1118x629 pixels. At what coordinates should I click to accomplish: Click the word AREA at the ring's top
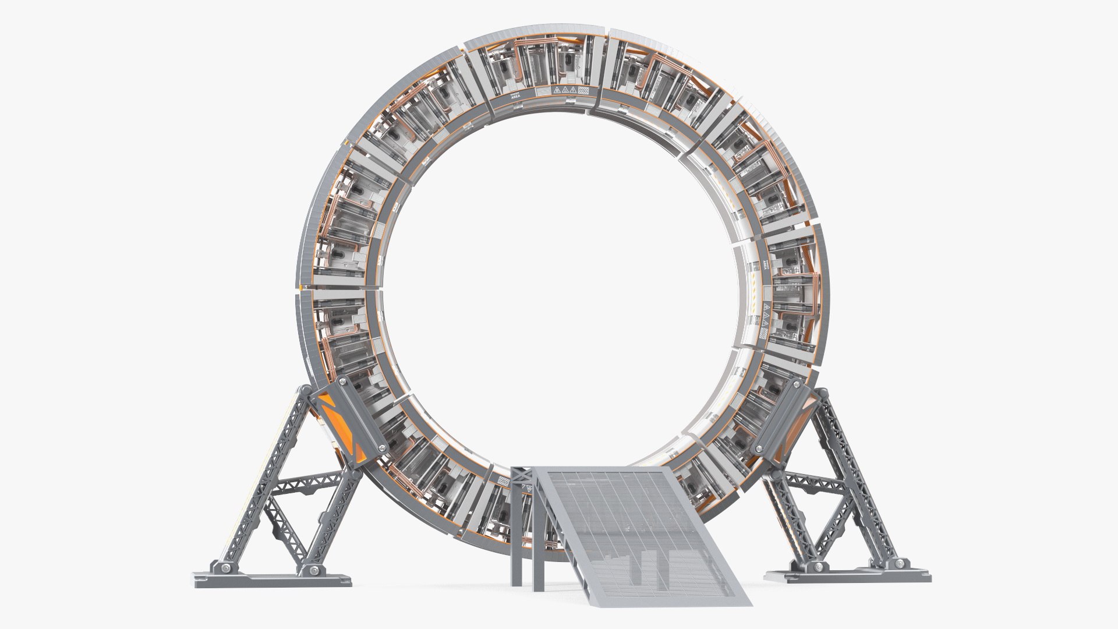[x=515, y=98]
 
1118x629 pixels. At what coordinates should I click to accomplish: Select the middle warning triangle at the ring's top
[x=565, y=91]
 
